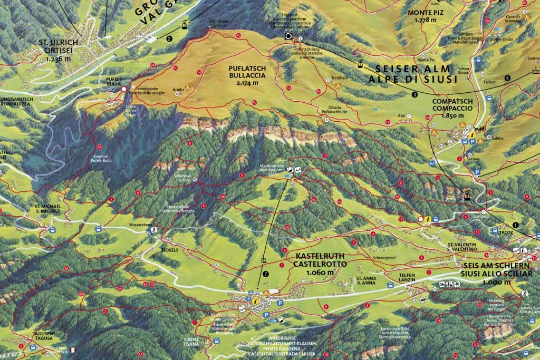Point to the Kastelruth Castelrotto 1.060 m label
coord(314,264)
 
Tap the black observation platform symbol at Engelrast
coord(288,36)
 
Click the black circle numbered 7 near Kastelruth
coord(266,274)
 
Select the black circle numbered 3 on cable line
coord(415,94)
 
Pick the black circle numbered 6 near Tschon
coord(507,77)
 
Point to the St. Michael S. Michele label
coord(48,208)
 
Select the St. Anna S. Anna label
coord(365,280)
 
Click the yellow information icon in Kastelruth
coord(255,300)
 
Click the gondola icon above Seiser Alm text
coord(360,65)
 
